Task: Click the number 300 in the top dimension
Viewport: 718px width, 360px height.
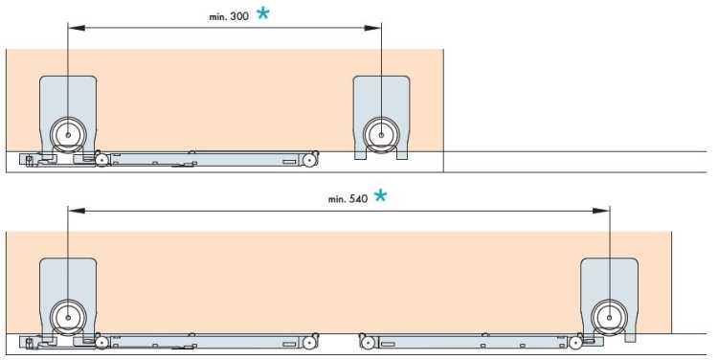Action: point(239,16)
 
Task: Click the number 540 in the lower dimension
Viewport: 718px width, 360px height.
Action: point(359,199)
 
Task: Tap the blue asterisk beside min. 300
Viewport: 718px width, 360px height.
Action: point(263,12)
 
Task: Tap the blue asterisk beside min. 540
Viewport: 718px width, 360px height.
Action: point(380,196)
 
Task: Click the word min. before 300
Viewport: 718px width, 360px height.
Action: point(218,17)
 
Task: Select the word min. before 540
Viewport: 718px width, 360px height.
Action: point(338,199)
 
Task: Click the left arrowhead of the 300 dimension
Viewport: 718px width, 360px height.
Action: point(77,28)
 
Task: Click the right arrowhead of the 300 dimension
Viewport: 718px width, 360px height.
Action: point(372,28)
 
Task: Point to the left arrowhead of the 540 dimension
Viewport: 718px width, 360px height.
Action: point(77,211)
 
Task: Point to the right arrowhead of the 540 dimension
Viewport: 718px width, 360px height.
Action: point(601,211)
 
